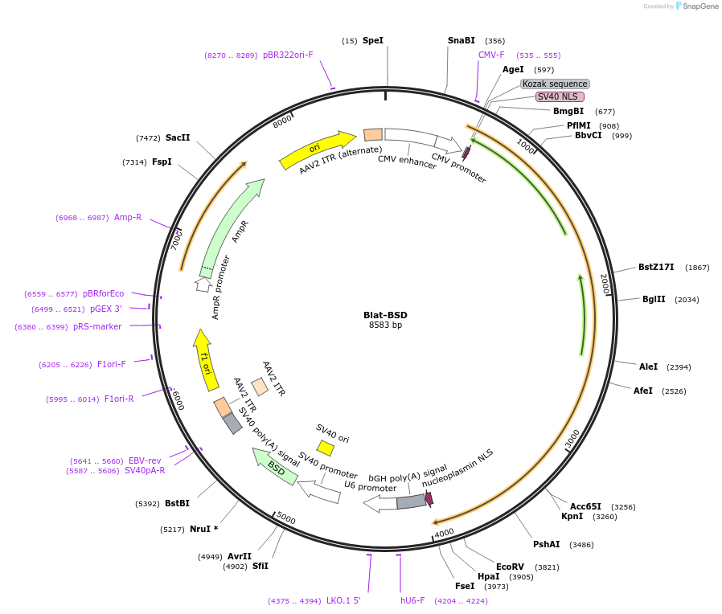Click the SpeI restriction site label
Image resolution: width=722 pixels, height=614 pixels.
tap(373, 40)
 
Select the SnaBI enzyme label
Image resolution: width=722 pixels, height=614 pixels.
tap(462, 40)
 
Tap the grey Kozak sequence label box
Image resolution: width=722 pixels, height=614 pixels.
tap(555, 84)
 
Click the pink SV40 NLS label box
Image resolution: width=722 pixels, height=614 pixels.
tap(560, 97)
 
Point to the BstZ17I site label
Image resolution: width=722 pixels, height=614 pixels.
tap(657, 267)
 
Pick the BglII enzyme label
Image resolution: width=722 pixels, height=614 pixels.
tap(654, 299)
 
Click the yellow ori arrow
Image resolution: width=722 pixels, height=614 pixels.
tap(317, 149)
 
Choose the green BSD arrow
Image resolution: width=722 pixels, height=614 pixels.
tap(275, 466)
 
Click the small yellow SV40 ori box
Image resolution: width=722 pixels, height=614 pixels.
tap(325, 447)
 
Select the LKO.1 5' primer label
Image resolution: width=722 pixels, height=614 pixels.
tap(343, 600)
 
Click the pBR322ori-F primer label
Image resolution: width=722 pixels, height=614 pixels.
tap(288, 55)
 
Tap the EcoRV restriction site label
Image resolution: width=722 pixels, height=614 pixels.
tap(510, 567)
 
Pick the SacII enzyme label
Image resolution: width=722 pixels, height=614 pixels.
tap(178, 137)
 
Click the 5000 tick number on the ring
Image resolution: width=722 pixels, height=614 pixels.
tap(286, 519)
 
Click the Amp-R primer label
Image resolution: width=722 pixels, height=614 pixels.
tap(128, 217)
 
